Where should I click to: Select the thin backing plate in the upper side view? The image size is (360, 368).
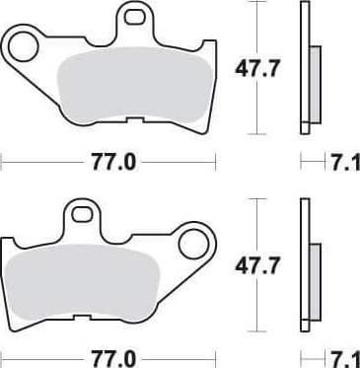[x=304, y=69]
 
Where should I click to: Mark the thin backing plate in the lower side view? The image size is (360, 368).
[x=304, y=266]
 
